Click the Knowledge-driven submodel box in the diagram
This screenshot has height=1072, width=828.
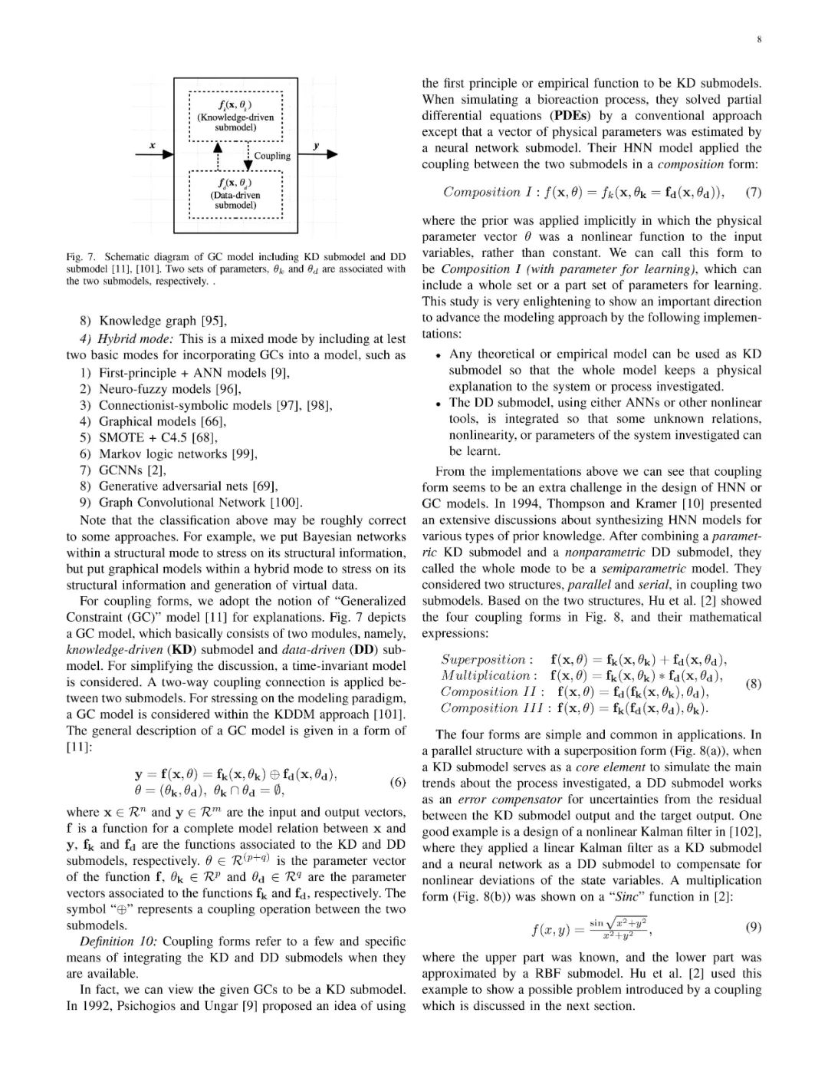pos(235,117)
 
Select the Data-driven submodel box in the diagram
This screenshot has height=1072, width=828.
pos(235,195)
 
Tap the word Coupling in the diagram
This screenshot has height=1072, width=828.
pos(272,156)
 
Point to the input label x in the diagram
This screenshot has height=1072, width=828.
pos(152,145)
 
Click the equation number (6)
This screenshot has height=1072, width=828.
pos(397,783)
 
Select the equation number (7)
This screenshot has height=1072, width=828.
pos(754,192)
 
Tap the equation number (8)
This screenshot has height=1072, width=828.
pos(754,684)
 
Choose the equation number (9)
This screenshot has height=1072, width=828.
pos(754,927)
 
